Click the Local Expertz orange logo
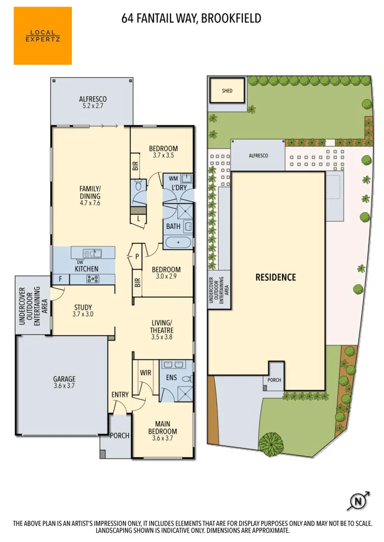coord(43,36)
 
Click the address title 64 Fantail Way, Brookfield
coord(191,19)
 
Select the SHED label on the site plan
coord(228,91)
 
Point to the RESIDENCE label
coord(275,277)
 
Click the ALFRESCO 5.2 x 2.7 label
coord(92,102)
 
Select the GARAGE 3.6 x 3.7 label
coord(64,382)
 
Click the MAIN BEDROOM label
coord(162,428)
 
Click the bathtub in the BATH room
coord(178,243)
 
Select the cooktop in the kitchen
coord(92,279)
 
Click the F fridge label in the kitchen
coord(60,279)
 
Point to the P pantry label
coord(137,256)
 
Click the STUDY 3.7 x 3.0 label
coord(83,311)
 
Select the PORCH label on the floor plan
coord(120,436)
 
